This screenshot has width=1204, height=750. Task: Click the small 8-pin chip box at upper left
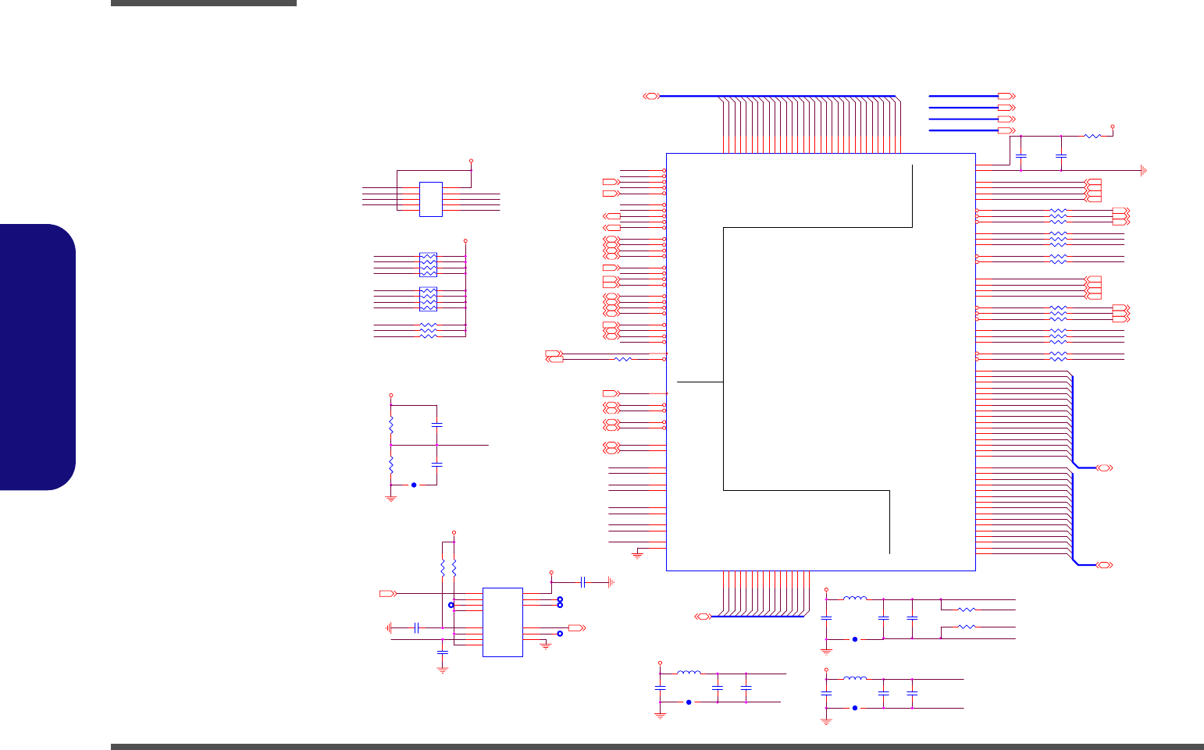(431, 199)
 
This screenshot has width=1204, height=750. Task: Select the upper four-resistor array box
(428, 264)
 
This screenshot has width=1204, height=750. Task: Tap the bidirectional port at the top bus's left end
(651, 96)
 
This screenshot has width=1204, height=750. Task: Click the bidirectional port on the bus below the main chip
(702, 617)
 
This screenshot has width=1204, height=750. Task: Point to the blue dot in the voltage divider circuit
(414, 485)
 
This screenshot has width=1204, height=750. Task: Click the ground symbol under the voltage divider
(391, 497)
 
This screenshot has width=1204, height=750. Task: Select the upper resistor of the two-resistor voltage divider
(391, 426)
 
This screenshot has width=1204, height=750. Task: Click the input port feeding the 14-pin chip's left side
(387, 594)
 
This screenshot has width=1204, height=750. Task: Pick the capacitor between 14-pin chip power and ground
(582, 582)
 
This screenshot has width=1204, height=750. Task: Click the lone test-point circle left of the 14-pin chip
(451, 605)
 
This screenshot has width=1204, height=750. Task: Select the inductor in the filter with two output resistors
(855, 599)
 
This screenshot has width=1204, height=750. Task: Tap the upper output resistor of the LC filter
(967, 609)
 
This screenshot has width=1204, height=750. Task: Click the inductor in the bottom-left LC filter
(689, 673)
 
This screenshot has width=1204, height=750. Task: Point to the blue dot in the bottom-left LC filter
(689, 702)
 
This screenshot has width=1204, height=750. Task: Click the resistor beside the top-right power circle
(1092, 137)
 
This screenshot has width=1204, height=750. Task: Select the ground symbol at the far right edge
(1144, 170)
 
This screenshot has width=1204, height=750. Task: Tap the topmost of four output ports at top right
(1006, 96)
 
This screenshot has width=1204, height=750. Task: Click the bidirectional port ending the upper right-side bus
(1104, 467)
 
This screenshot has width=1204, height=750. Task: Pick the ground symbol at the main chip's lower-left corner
(637, 555)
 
